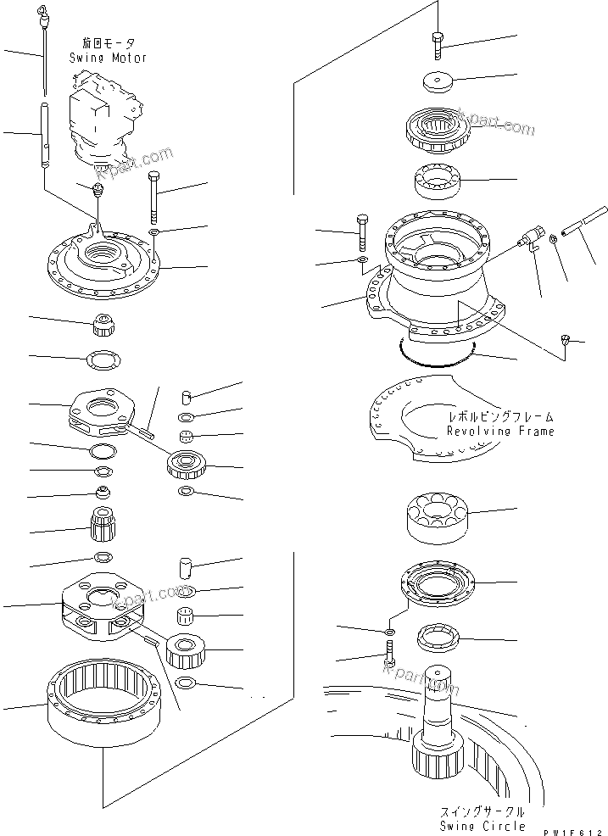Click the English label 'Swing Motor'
(108, 58)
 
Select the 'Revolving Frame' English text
(500, 431)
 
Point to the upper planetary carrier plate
(104, 412)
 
